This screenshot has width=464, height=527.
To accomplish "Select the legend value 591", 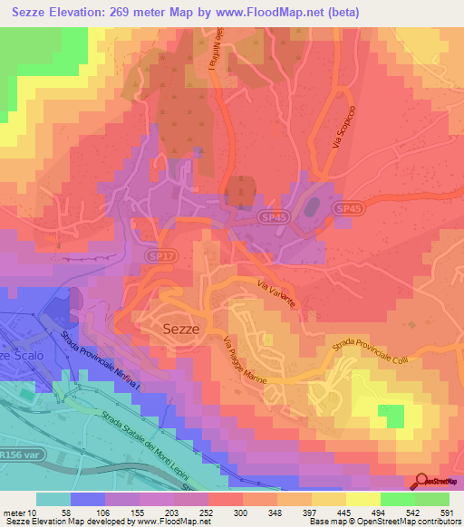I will point(445,512).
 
